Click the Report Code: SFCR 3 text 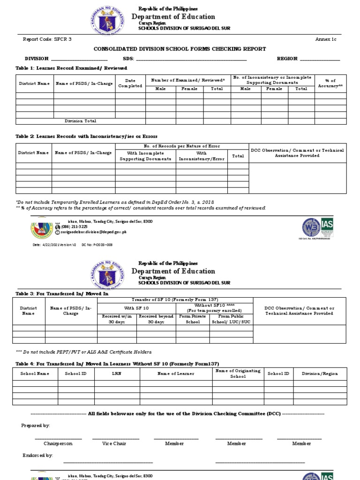[47, 39]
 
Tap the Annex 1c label [326, 39]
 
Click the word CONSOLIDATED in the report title [114, 49]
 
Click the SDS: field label [128, 59]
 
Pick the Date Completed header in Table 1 [130, 83]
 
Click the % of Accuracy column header [330, 83]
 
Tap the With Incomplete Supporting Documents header [145, 156]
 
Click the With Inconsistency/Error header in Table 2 [202, 156]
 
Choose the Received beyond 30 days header [156, 319]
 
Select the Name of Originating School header [231, 374]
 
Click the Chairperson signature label [58, 443]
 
